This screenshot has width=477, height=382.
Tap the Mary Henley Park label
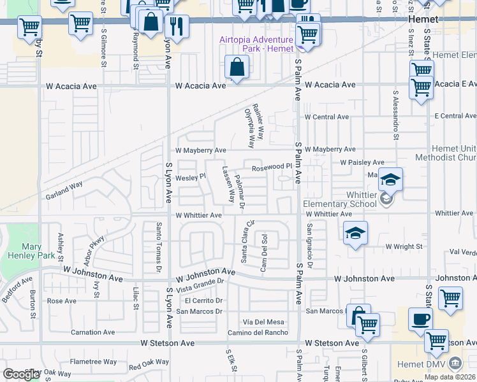(22, 251)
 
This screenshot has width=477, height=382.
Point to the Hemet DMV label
(430, 364)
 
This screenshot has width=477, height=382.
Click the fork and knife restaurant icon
(175, 25)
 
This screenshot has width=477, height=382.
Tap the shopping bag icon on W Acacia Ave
(237, 67)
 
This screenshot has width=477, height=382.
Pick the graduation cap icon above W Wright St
(355, 232)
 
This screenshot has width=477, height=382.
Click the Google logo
(21, 374)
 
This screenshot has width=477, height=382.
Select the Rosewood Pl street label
(271, 168)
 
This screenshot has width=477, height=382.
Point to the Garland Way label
(64, 190)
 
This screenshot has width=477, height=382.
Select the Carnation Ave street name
(92, 332)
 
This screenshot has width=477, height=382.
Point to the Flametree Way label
(93, 362)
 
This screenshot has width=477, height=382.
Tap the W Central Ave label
(327, 117)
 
